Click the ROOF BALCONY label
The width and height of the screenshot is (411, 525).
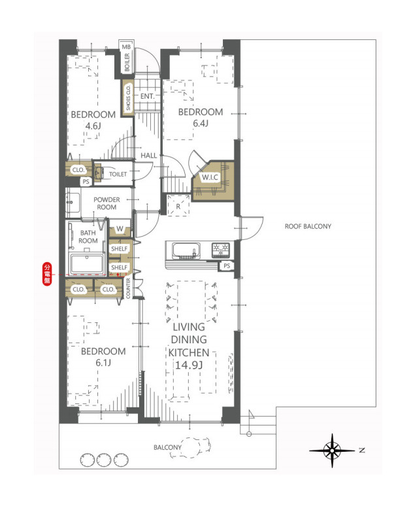[308, 227]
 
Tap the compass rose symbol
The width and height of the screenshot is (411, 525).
[333, 450]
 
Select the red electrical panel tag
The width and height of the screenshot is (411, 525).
[47, 273]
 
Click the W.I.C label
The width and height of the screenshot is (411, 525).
[210, 177]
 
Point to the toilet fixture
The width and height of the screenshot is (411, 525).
[100, 174]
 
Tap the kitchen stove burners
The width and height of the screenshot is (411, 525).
[220, 250]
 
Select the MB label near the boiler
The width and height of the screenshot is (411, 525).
[127, 46]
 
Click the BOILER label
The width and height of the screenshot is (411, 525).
[127, 63]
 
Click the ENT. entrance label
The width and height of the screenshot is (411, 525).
[146, 97]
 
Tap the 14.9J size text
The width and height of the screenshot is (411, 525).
[189, 364]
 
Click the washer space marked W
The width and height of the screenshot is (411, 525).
[119, 230]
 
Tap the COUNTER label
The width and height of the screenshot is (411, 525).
[129, 288]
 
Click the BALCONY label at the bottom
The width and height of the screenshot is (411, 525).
[167, 447]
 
